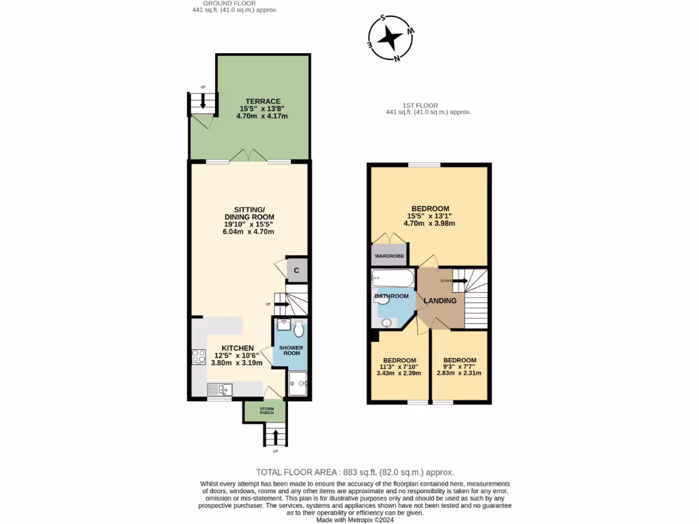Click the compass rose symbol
click(x=391, y=38)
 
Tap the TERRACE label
click(x=262, y=101)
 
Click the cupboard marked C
click(x=296, y=271)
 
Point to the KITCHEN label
click(x=237, y=348)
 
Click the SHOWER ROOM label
click(x=289, y=351)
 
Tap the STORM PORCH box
click(x=266, y=411)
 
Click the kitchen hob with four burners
click(x=199, y=356)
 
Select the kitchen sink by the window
click(x=220, y=390)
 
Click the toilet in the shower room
click(x=299, y=329)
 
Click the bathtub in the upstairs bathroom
click(x=392, y=278)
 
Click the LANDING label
click(x=440, y=301)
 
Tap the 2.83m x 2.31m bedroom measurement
click(x=459, y=373)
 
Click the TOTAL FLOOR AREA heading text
click(x=354, y=472)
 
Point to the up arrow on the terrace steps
click(x=203, y=100)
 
